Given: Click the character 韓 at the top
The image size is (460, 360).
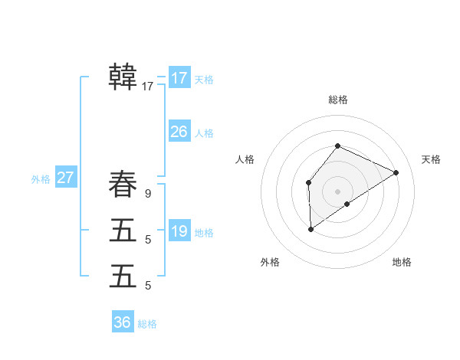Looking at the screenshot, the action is click(123, 77).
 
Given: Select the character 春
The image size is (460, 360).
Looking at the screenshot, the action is click(123, 185).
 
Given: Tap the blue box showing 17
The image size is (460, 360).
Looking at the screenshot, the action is click(179, 78).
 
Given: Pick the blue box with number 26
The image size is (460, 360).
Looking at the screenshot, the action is click(179, 132).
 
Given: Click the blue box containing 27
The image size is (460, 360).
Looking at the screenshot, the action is click(66, 178).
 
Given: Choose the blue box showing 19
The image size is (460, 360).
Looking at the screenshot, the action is click(179, 231).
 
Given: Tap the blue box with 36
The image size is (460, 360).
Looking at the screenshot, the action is click(123, 322).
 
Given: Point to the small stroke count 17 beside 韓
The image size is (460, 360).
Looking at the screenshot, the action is click(148, 87).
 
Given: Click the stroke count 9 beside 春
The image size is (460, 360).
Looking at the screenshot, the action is click(148, 194).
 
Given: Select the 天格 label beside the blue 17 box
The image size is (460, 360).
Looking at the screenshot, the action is click(204, 80).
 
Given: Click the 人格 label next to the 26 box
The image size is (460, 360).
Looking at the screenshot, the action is click(204, 133).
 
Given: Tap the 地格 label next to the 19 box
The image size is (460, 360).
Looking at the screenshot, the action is click(204, 233).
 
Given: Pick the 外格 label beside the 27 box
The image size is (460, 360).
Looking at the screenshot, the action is click(41, 179).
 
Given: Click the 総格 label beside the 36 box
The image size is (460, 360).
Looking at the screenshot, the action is click(147, 324).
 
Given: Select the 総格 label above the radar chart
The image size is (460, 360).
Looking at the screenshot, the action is click(337, 100).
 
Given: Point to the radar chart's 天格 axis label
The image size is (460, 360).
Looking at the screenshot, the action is click(431, 159).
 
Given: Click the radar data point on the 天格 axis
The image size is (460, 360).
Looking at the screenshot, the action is click(396, 172).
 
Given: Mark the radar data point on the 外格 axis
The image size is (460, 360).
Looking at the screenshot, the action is click(310, 228).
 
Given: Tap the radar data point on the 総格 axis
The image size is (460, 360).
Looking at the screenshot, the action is click(337, 146).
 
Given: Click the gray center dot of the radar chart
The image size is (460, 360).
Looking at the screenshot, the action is click(337, 191).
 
